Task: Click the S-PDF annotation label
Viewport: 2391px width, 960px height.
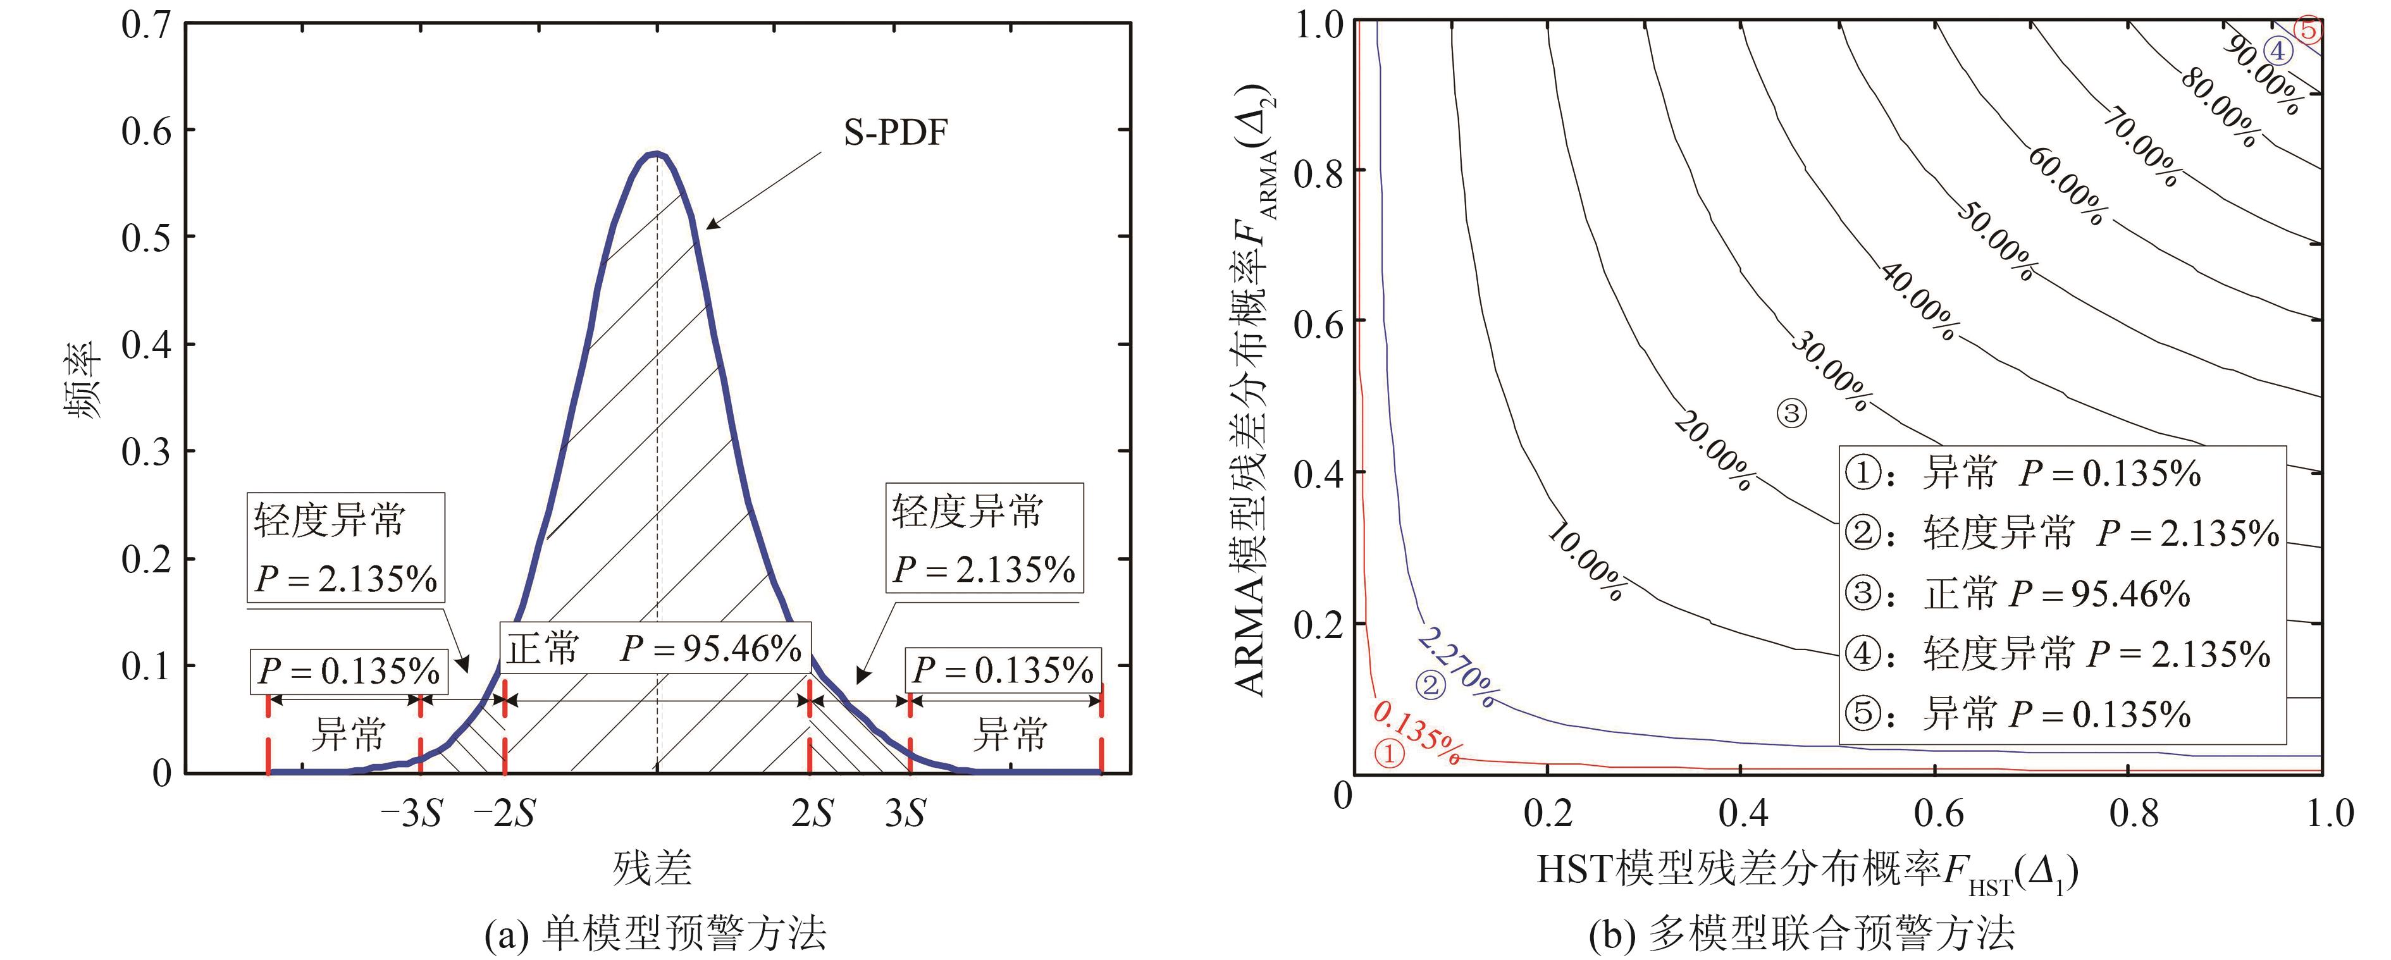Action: (x=895, y=133)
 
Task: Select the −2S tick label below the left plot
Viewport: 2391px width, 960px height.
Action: (x=504, y=815)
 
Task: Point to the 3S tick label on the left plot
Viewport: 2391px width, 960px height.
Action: (x=905, y=815)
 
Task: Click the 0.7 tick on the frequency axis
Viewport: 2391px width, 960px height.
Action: (x=147, y=25)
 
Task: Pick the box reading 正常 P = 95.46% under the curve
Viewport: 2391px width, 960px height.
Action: (x=655, y=647)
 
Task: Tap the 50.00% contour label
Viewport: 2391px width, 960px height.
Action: (x=1996, y=242)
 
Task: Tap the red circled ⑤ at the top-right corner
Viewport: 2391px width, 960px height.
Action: (x=2308, y=30)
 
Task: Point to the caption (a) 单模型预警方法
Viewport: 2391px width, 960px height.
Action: (x=655, y=933)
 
